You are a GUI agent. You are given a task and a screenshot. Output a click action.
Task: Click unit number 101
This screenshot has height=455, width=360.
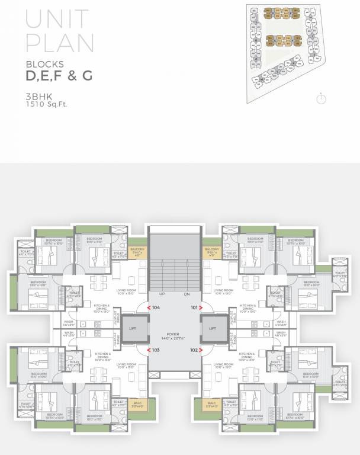pyautogui.click(x=194, y=307)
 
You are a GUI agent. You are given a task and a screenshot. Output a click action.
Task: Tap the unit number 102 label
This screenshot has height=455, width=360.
pyautogui.click(x=194, y=350)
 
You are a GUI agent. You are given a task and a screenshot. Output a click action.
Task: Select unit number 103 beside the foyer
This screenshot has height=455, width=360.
pyautogui.click(x=156, y=350)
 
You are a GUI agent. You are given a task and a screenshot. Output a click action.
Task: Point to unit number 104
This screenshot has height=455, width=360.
pyautogui.click(x=156, y=307)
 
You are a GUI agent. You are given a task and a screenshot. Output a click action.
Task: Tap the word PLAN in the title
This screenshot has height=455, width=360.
pyautogui.click(x=60, y=45)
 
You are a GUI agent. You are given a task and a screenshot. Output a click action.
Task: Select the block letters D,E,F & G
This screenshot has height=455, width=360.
pyautogui.click(x=58, y=76)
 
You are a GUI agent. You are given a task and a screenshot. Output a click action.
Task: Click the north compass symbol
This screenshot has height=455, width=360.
pyautogui.click(x=321, y=98)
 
